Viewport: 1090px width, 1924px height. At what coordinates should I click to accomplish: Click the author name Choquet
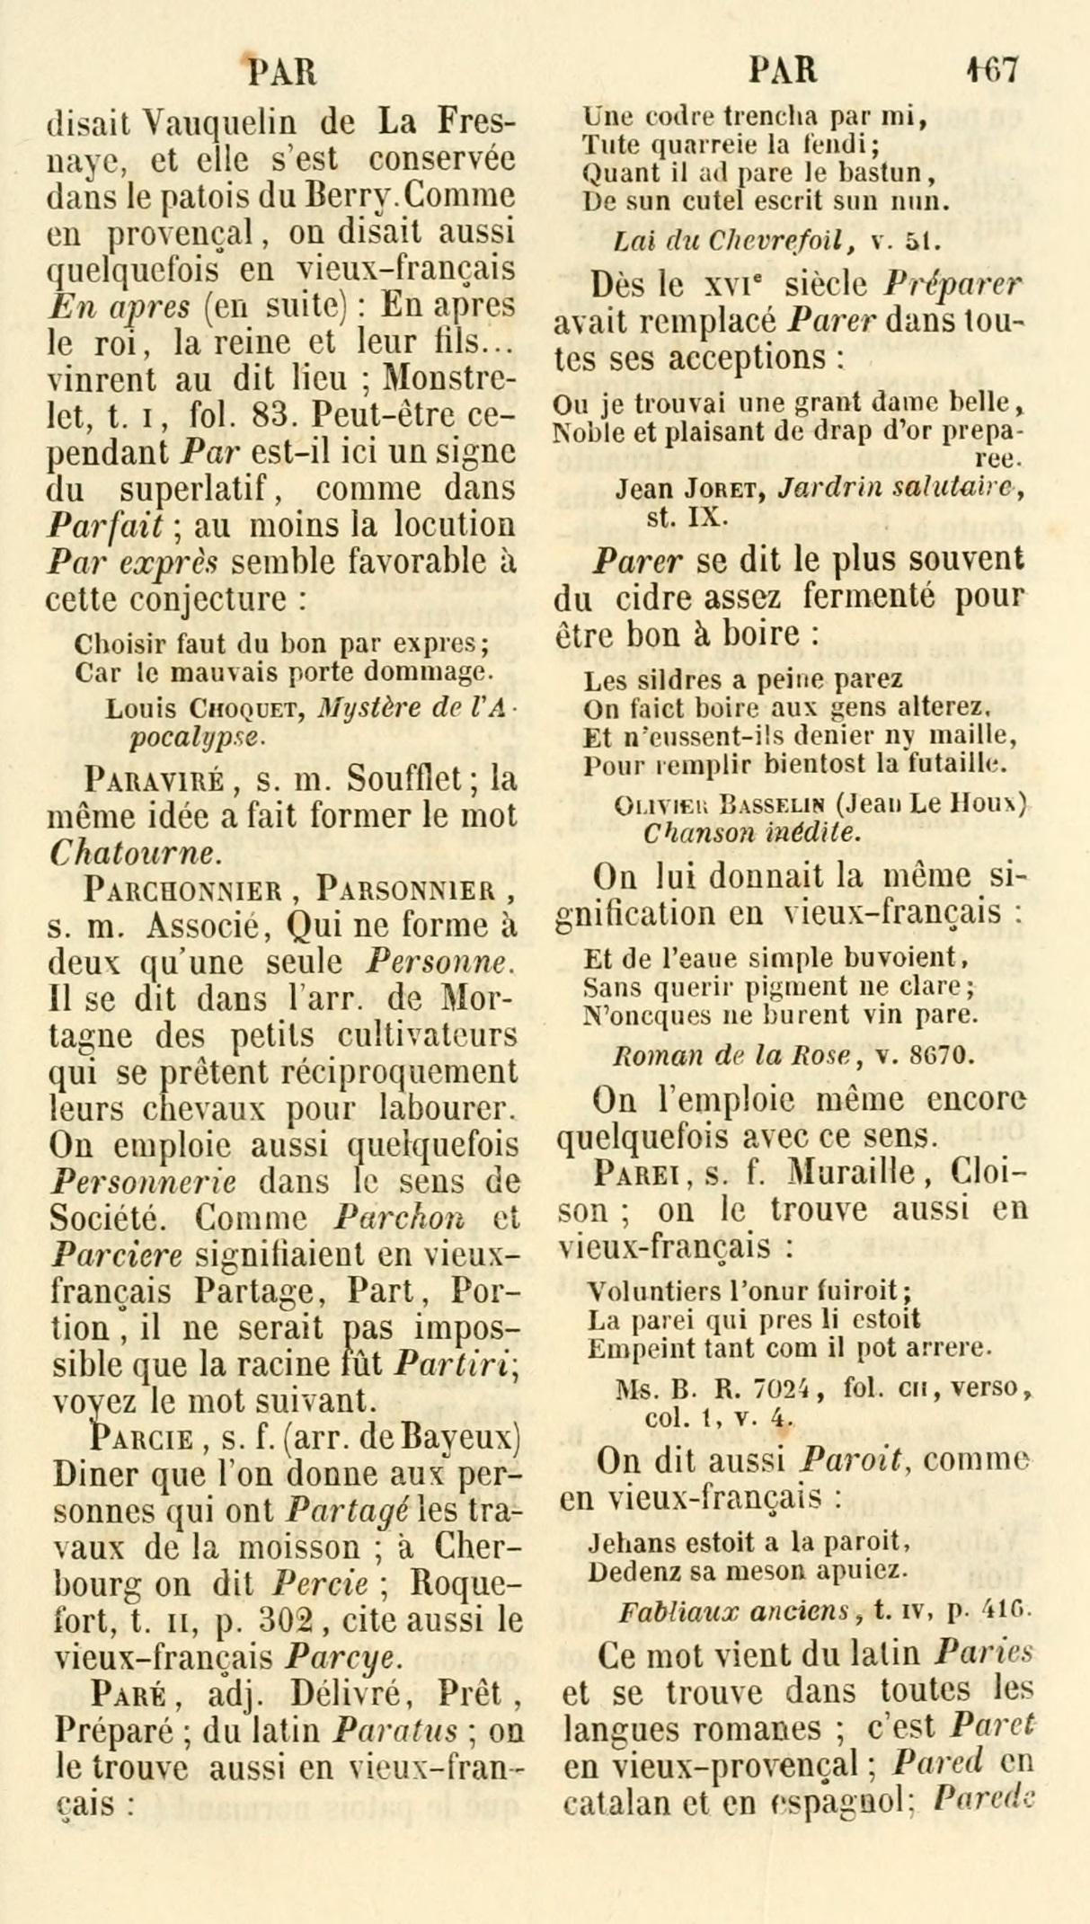(x=240, y=711)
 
